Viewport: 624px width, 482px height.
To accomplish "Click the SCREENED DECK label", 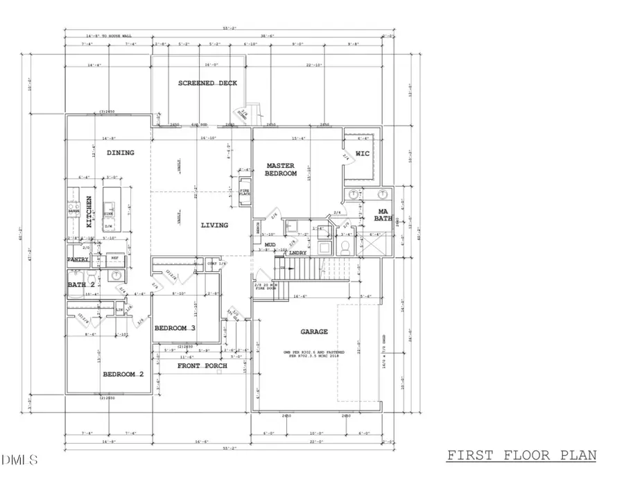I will [x=207, y=83].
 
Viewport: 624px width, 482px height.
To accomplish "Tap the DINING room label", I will [x=120, y=153].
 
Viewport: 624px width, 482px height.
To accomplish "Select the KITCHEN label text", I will [x=89, y=211].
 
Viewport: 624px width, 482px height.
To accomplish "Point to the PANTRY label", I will [x=78, y=259].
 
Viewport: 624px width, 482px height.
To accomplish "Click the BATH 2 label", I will [x=81, y=284].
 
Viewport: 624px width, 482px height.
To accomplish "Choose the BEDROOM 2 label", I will [x=123, y=375].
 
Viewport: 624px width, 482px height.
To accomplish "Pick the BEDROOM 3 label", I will [x=175, y=328].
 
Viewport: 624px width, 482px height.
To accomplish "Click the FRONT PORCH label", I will [x=202, y=365].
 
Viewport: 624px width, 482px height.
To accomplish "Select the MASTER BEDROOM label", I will [x=281, y=170].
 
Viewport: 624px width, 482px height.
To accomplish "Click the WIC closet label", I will [x=363, y=153].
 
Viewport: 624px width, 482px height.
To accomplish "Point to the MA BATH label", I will [x=383, y=215].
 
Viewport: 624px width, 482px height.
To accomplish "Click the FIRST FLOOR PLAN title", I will [x=521, y=456].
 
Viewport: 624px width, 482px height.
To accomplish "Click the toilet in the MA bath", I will [x=345, y=246].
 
